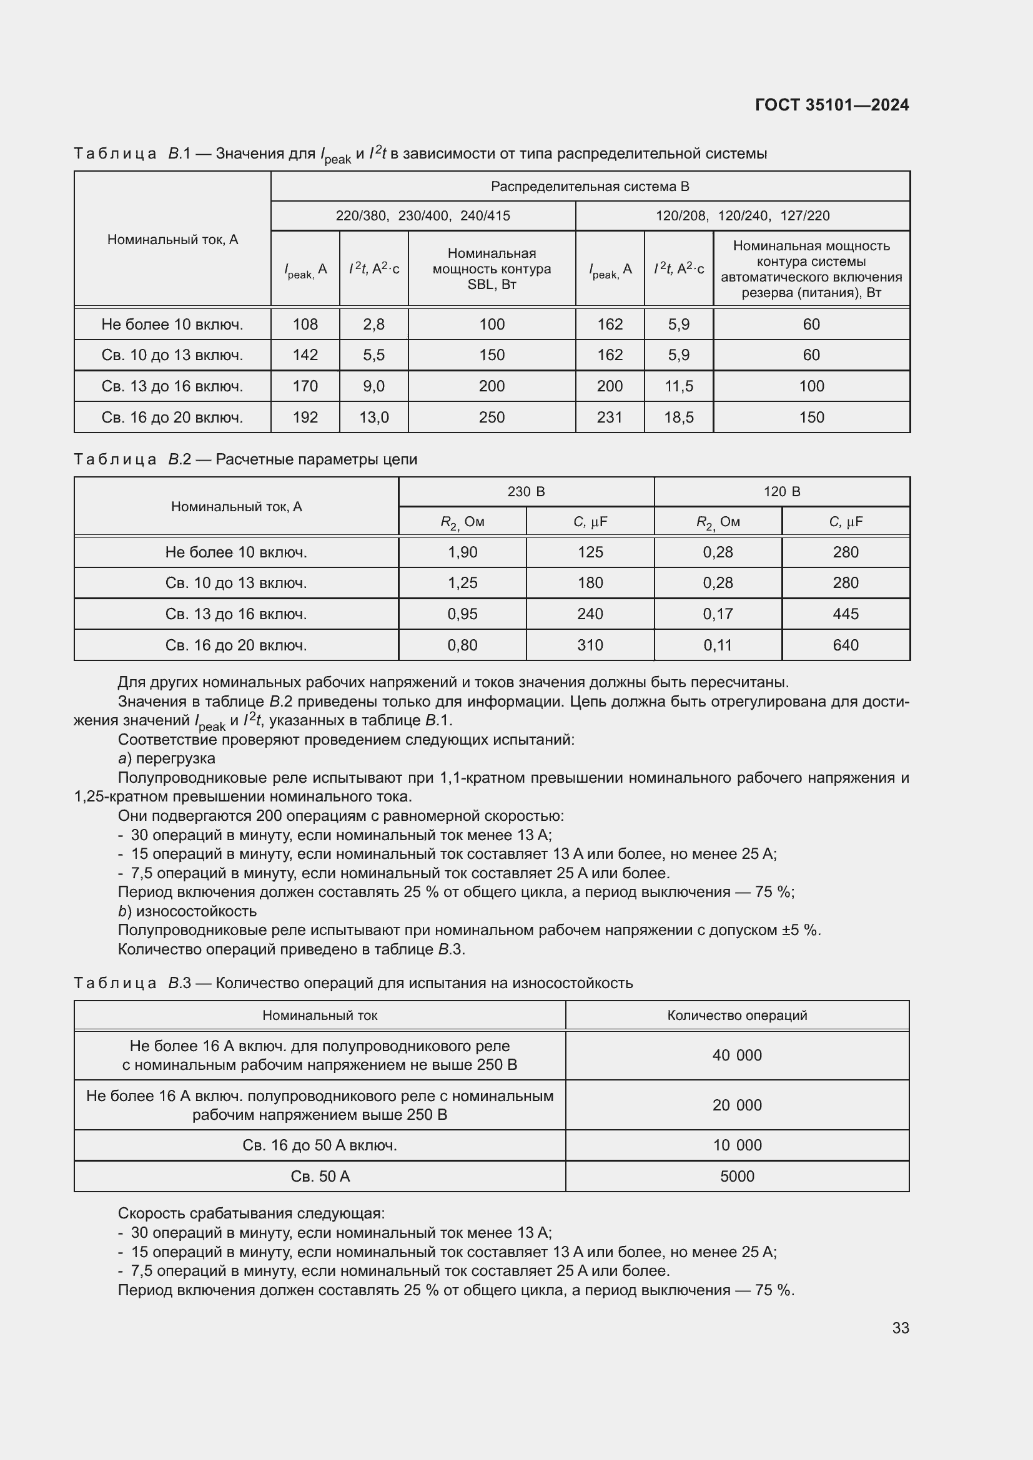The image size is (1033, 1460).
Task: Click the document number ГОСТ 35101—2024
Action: pos(831,105)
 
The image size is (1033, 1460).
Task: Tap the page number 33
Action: pos(900,1328)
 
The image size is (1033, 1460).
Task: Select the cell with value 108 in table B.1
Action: pos(305,325)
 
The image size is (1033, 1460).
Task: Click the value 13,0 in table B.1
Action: pos(373,417)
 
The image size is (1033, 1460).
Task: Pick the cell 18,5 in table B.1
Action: pos(678,417)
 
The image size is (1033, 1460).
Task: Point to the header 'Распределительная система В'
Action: pos(590,186)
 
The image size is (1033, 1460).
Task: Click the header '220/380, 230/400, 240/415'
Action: pos(422,215)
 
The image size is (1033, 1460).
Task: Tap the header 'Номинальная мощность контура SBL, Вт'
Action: pos(491,268)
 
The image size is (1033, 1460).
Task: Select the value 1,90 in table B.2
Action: pos(462,552)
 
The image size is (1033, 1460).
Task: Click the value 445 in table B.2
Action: pos(846,614)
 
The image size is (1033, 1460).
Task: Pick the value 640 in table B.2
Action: pos(846,645)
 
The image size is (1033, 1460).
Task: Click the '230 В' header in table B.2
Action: pos(526,491)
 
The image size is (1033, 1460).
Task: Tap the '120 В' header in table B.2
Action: pos(782,491)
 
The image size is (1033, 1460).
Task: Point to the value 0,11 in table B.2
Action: pos(718,645)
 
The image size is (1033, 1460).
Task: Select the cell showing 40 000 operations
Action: pos(736,1055)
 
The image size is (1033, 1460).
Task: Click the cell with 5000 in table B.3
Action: pos(736,1176)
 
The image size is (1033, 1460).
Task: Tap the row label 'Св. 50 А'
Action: pos(320,1176)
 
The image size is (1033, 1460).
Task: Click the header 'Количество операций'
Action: pos(736,1015)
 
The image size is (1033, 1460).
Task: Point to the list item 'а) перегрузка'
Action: pos(167,758)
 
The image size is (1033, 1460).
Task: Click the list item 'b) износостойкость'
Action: pos(187,911)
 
